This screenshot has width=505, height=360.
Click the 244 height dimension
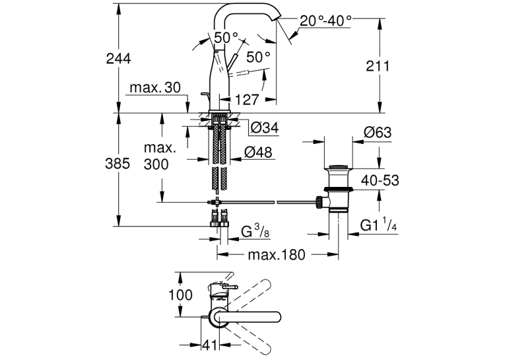click(x=119, y=59)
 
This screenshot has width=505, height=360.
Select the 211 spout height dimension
click(x=378, y=66)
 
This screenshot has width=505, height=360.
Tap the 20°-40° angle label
click(x=325, y=21)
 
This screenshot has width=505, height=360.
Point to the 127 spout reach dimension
click(x=246, y=100)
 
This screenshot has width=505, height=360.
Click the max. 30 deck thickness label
click(x=155, y=87)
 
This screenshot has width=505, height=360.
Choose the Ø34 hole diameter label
click(x=265, y=128)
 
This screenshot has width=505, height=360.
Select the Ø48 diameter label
click(x=258, y=152)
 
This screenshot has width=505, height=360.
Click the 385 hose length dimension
click(x=118, y=164)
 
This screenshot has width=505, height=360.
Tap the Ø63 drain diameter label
click(x=378, y=132)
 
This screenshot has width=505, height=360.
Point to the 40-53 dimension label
click(x=380, y=180)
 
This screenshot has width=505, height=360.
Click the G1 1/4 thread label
click(x=378, y=225)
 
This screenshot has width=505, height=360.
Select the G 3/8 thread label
click(x=255, y=231)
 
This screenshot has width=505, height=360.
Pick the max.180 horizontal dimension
click(x=277, y=255)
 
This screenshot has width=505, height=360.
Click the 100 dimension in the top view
click(x=181, y=295)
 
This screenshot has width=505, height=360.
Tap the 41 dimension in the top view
click(x=210, y=345)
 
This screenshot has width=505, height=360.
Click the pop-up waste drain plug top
click(x=338, y=167)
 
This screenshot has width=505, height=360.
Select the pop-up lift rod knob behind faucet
click(x=204, y=94)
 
